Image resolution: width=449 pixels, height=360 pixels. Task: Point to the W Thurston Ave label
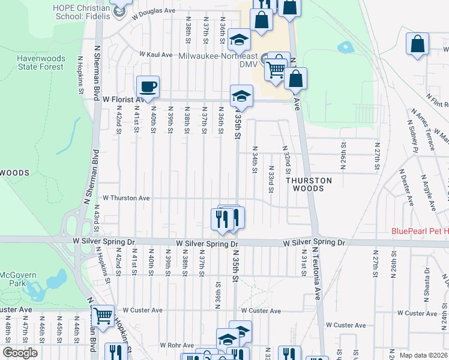click(x=126, y=197)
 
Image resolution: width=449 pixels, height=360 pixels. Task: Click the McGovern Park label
click(x=10, y=279)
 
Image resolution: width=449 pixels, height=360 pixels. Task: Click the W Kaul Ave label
click(x=156, y=54)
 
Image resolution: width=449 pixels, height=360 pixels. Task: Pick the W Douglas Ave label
click(x=155, y=11)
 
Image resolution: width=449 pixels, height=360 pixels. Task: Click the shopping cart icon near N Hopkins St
click(x=103, y=315)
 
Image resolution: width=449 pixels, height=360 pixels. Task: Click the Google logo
click(x=20, y=353)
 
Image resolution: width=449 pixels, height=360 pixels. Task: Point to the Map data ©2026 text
click(x=423, y=355)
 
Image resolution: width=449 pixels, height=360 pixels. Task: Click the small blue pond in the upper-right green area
click(x=345, y=46)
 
